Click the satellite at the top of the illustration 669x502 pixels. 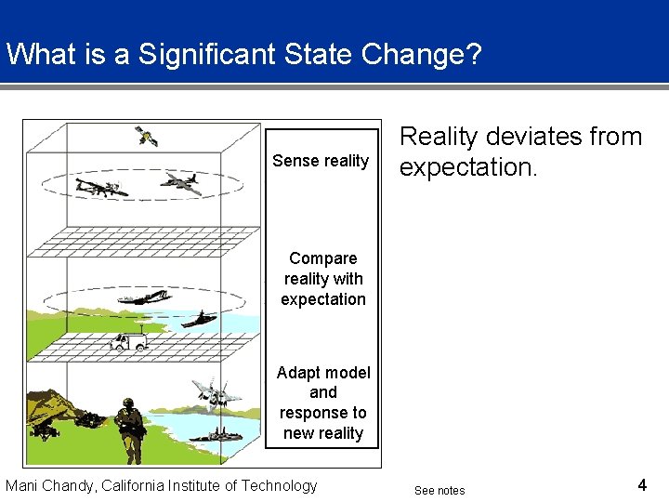[x=146, y=137]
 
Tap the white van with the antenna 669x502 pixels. [x=127, y=341]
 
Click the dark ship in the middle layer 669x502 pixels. [x=198, y=320]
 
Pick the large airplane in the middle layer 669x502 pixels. [x=143, y=297]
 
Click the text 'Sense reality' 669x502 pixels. [x=321, y=161]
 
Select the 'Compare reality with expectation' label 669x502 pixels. [x=323, y=279]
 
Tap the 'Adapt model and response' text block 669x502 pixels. [x=323, y=403]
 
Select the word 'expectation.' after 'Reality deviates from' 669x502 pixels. [x=467, y=167]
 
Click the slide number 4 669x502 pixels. [x=642, y=484]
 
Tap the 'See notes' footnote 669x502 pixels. [x=439, y=490]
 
